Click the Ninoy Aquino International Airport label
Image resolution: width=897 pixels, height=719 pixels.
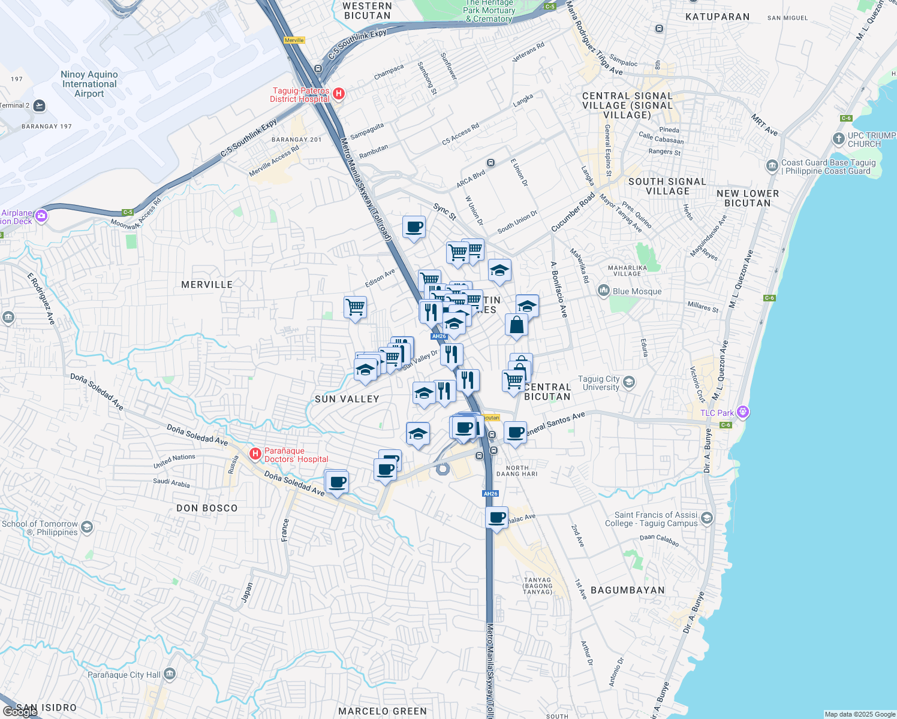pyautogui.click(x=89, y=84)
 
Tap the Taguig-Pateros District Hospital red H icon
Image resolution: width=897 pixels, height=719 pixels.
pyautogui.click(x=339, y=94)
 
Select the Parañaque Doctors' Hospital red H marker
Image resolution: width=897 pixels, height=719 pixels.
pyautogui.click(x=255, y=454)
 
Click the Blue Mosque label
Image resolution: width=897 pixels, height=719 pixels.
pyautogui.click(x=637, y=291)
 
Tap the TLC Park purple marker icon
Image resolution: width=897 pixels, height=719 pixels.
pyautogui.click(x=743, y=412)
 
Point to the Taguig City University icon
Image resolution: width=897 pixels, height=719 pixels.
pyautogui.click(x=629, y=382)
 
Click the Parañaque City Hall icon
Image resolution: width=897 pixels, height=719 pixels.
pyautogui.click(x=170, y=675)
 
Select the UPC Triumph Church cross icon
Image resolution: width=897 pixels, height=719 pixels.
pyautogui.click(x=838, y=139)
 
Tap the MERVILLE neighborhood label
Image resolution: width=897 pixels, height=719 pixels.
pyautogui.click(x=207, y=285)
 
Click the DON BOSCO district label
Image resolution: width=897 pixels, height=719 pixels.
pyautogui.click(x=207, y=508)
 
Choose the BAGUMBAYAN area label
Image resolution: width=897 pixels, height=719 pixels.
pyautogui.click(x=628, y=590)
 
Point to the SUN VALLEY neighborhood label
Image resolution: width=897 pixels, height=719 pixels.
pyautogui.click(x=347, y=399)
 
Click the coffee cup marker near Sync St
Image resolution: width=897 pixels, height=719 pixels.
pyautogui.click(x=414, y=227)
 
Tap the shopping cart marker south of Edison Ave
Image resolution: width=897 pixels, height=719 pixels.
pyautogui.click(x=356, y=307)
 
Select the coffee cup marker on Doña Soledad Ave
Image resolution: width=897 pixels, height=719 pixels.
pyautogui.click(x=338, y=481)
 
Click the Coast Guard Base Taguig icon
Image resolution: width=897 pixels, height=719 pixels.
pyautogui.click(x=772, y=165)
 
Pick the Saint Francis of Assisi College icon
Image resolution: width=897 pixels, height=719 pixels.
pyautogui.click(x=707, y=518)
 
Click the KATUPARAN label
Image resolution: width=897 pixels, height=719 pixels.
pyautogui.click(x=717, y=17)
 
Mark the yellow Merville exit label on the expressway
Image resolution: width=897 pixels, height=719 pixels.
pyautogui.click(x=294, y=40)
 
